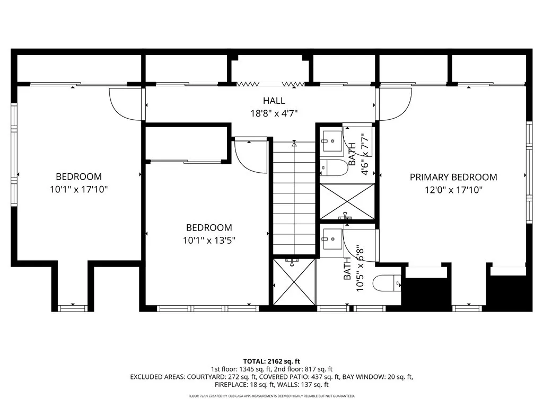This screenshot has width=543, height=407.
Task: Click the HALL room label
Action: [274, 100]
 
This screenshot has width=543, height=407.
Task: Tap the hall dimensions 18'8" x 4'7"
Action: [274, 112]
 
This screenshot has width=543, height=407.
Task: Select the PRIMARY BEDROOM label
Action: [453, 177]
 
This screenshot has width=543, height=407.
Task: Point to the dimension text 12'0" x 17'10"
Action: [453, 189]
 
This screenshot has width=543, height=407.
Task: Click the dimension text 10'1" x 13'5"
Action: [209, 240]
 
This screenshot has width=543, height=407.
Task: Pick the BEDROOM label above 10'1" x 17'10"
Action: [78, 176]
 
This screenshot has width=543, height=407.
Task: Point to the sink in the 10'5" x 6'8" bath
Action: [332, 240]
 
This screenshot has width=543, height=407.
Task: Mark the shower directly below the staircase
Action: [294, 282]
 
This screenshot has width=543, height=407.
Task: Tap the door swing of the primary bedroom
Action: [395, 104]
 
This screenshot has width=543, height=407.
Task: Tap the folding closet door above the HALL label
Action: [271, 83]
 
